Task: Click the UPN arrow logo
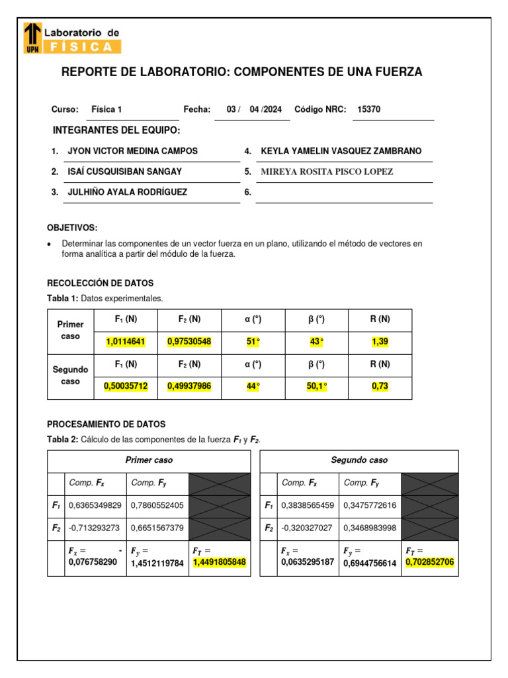pyautogui.click(x=32, y=38)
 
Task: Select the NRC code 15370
pyautogui.click(x=368, y=109)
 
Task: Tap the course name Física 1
pyautogui.click(x=106, y=109)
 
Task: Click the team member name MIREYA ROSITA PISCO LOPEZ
pyautogui.click(x=327, y=171)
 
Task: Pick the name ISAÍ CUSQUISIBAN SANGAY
pyautogui.click(x=125, y=171)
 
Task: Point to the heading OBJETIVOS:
pyautogui.click(x=72, y=228)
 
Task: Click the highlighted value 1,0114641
pyautogui.click(x=126, y=342)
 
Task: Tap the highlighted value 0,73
pyautogui.click(x=380, y=387)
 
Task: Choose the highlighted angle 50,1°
pyautogui.click(x=316, y=387)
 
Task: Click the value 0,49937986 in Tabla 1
pyautogui.click(x=189, y=387)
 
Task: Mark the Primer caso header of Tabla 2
pyautogui.click(x=149, y=460)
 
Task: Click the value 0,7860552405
pyautogui.click(x=157, y=506)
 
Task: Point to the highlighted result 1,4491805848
pyautogui.click(x=219, y=563)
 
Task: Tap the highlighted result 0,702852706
pyautogui.click(x=429, y=563)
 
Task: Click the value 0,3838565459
pyautogui.click(x=308, y=506)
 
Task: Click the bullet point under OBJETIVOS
pyautogui.click(x=50, y=244)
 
